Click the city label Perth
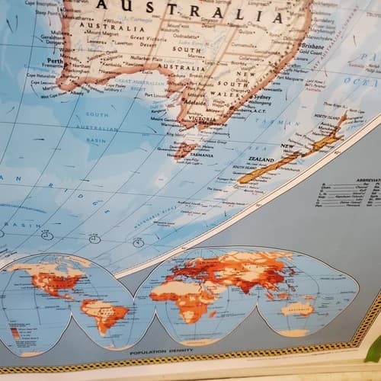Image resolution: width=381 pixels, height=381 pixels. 53,60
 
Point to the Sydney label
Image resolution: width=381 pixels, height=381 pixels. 261,98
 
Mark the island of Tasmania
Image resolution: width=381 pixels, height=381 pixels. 185,146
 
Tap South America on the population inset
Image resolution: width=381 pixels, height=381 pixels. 102,312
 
